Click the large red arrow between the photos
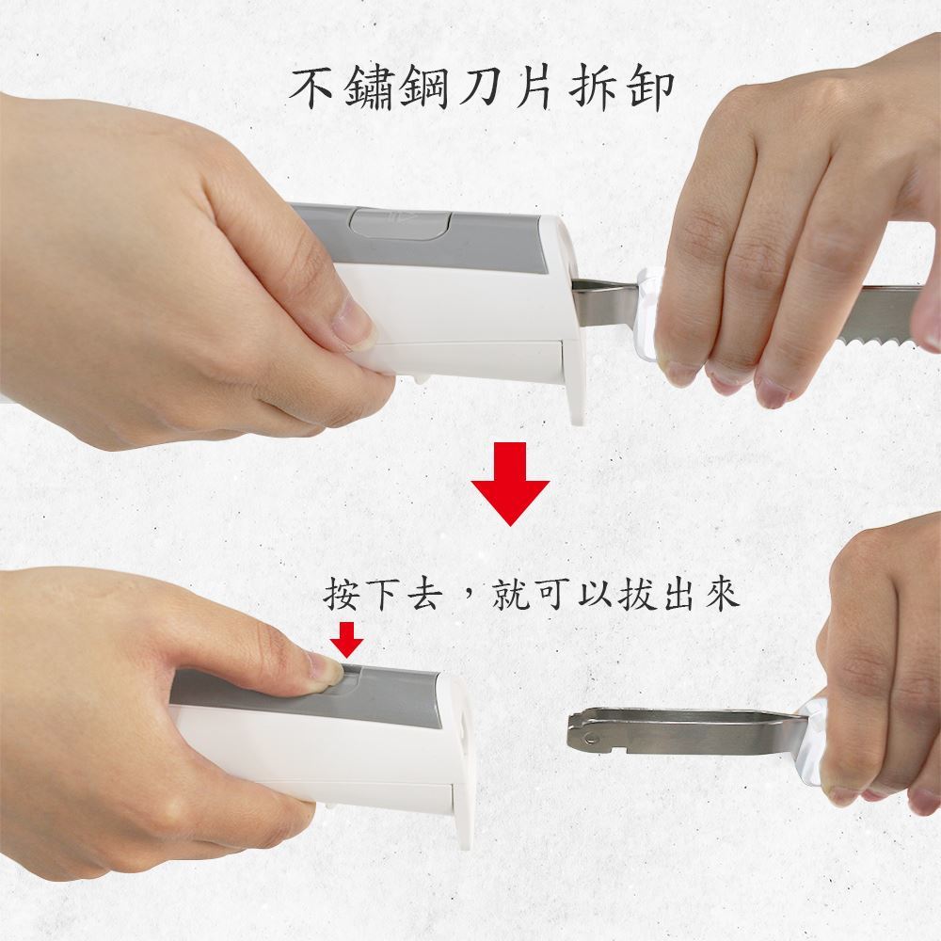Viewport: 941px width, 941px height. (510, 484)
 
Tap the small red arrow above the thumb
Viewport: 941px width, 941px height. (347, 639)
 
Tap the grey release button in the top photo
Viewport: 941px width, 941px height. (400, 223)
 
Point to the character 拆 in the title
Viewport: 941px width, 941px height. (591, 88)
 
